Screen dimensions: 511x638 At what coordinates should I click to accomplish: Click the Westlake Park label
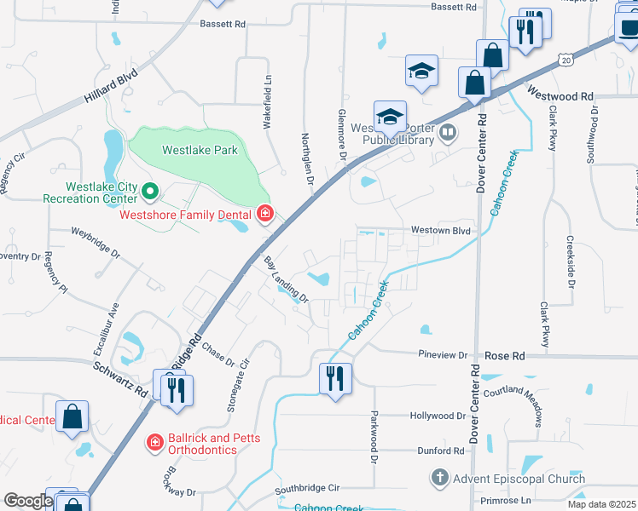pos(200,150)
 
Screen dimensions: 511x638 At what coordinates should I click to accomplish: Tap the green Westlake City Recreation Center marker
pos(149,191)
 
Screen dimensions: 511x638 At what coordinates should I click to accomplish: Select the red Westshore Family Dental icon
pos(265,214)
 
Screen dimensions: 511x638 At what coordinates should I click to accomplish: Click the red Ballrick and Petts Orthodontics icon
pos(154,441)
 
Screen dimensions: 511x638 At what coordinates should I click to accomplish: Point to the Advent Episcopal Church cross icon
pos(439,479)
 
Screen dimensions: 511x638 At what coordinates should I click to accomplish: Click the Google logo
pos(27,501)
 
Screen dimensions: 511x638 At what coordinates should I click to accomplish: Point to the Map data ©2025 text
pos(602,504)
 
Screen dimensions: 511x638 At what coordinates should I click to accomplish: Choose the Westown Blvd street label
pos(441,230)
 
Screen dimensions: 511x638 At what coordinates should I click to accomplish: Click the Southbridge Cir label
pos(307,489)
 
